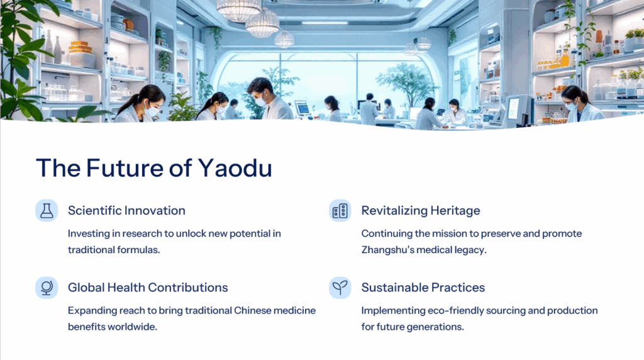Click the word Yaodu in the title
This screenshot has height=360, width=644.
tap(235, 167)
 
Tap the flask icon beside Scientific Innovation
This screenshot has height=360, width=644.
tap(47, 210)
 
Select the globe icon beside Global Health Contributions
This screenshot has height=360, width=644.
tap(47, 287)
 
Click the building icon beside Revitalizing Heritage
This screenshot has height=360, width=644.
tap(340, 210)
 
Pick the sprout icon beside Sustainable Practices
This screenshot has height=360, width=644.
tap(340, 287)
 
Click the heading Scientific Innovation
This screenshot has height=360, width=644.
tap(126, 210)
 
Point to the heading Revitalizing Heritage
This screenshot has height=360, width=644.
tap(421, 210)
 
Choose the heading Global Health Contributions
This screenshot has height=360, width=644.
tap(148, 287)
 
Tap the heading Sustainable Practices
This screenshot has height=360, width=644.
tap(423, 287)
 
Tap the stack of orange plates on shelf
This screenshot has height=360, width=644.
tap(80, 47)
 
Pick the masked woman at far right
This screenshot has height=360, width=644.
tap(580, 104)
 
